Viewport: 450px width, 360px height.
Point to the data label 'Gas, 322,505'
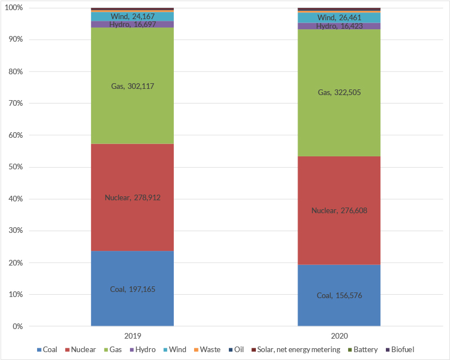(339, 92)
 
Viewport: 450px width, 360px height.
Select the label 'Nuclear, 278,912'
(132, 197)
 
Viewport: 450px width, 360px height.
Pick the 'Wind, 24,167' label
(132, 16)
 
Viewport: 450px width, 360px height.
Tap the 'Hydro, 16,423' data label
(339, 26)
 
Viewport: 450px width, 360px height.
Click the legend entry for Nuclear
(80, 349)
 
